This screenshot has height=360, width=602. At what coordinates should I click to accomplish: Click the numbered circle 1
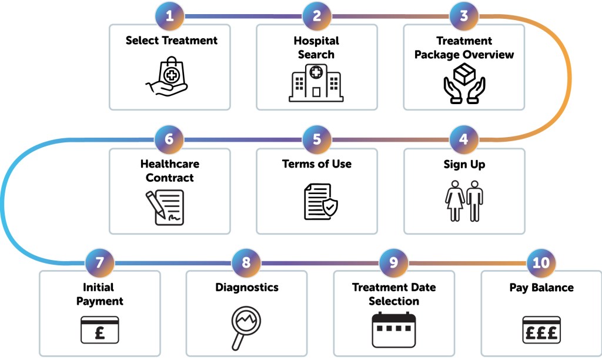pos(170,16)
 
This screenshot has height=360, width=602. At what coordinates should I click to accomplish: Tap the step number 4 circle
pos(464,140)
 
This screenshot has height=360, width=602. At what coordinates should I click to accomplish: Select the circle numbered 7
pos(99,262)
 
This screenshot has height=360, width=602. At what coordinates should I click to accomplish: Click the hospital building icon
pos(316,84)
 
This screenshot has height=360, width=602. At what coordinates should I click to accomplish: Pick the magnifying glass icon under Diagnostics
pos(246,327)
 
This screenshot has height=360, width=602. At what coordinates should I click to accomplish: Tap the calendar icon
pos(393,329)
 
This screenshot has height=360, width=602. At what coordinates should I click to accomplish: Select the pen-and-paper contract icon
pos(165,206)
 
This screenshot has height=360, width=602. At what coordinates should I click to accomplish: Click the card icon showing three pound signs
pos(541,330)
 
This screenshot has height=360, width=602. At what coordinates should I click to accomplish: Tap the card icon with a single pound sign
pos(99,330)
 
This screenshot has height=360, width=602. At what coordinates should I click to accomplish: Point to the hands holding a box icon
pos(464,82)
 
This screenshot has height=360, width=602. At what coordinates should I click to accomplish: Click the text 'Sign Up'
pos(464,164)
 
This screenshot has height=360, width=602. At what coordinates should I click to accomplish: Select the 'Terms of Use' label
pos(317,164)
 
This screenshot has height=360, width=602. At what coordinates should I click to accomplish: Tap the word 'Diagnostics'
pos(246,288)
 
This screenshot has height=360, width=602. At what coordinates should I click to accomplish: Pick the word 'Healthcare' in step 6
pos(170,164)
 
